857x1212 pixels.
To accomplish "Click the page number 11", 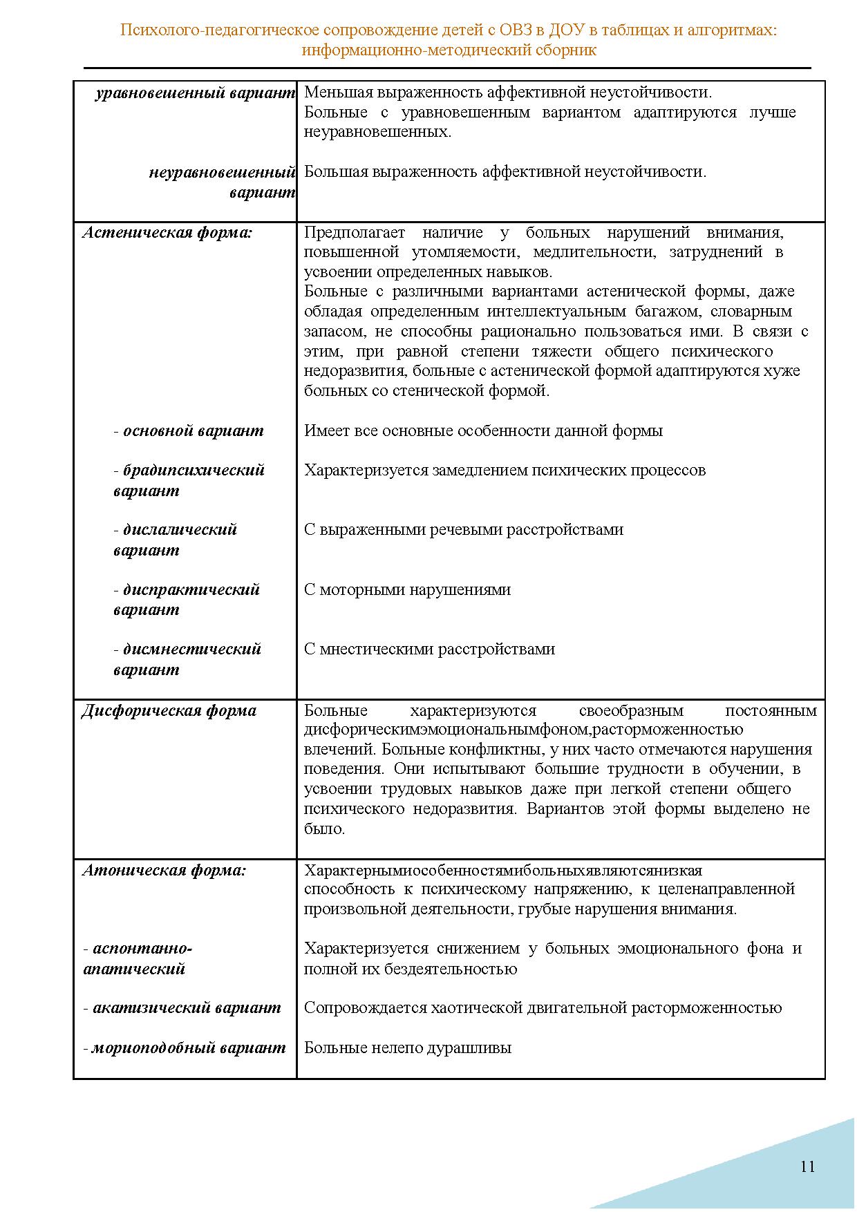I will tap(807, 1166).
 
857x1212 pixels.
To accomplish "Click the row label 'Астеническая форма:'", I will tap(167, 233).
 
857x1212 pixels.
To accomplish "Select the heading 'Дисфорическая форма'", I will tap(169, 711).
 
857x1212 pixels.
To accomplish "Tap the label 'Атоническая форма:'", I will tap(164, 871).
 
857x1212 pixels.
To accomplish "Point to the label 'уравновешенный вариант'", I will tap(196, 93).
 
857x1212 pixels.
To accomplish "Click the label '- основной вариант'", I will tap(189, 431).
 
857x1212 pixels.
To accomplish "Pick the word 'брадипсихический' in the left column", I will tap(194, 471).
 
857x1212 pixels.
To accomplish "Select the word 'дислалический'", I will tap(180, 530).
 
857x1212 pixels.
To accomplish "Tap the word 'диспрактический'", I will tap(191, 590).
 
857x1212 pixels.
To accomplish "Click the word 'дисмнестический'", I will tap(192, 650).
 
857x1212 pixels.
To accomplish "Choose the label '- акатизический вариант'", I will tap(182, 1008).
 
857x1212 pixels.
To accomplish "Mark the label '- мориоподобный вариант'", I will tap(185, 1048).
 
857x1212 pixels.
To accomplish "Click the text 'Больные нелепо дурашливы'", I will tap(408, 1048).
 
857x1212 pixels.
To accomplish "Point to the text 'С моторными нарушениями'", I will tap(408, 590).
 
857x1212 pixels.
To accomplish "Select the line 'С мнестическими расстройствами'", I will tap(429, 650).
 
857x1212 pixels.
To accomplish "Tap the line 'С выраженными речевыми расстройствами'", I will tap(464, 530).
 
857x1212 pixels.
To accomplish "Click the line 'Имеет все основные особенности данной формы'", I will tap(483, 431).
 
